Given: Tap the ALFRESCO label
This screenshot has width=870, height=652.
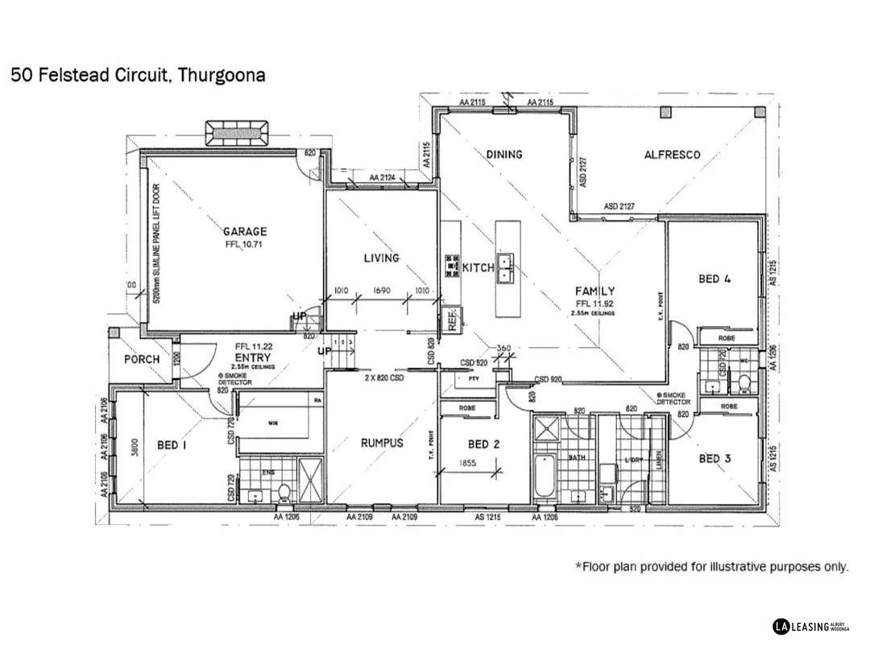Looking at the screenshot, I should (x=672, y=155).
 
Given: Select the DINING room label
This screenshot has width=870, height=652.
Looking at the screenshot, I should (x=504, y=154).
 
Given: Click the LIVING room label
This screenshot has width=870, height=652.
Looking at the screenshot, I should (x=381, y=258).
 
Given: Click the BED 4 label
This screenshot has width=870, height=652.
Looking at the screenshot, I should (x=715, y=279).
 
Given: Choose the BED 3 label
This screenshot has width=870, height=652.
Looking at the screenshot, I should (x=715, y=458).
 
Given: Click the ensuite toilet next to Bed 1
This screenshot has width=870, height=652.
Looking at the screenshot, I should (x=284, y=491).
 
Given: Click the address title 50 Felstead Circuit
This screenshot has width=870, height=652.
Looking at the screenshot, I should (x=138, y=76).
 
